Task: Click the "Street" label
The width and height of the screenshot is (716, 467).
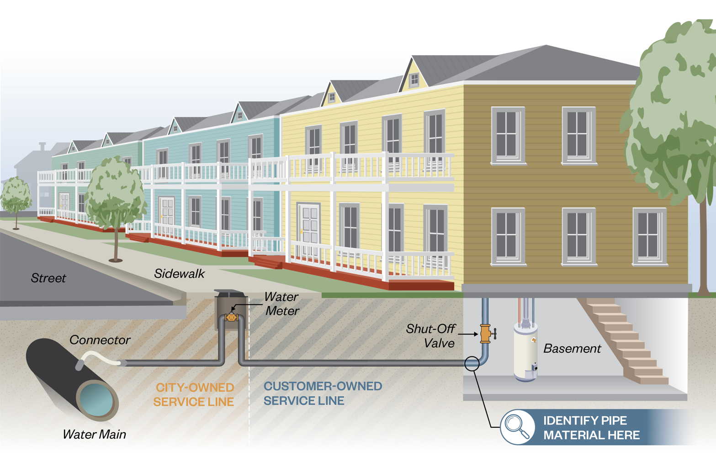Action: click(x=48, y=278)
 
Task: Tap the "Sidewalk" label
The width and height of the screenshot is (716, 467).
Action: click(x=179, y=274)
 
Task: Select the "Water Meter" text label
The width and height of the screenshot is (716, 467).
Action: click(x=282, y=304)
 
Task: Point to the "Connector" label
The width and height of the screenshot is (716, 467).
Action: click(x=100, y=340)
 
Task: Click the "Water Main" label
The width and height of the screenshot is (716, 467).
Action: click(x=94, y=434)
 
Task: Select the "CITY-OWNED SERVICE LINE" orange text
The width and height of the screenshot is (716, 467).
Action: click(x=194, y=394)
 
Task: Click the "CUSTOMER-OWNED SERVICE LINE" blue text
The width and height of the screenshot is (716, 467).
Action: click(x=323, y=393)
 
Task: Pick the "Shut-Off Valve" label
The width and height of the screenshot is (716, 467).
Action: click(x=430, y=336)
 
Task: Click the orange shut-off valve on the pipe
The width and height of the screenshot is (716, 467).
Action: click(x=486, y=334)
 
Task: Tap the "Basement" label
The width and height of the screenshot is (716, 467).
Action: click(x=572, y=349)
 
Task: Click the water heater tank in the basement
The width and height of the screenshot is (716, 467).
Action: click(x=525, y=352)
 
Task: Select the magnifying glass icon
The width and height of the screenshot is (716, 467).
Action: click(x=517, y=427)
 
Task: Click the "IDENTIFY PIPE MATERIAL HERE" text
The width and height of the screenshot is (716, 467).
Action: click(x=591, y=428)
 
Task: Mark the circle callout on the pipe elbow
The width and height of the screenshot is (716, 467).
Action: click(x=472, y=363)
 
